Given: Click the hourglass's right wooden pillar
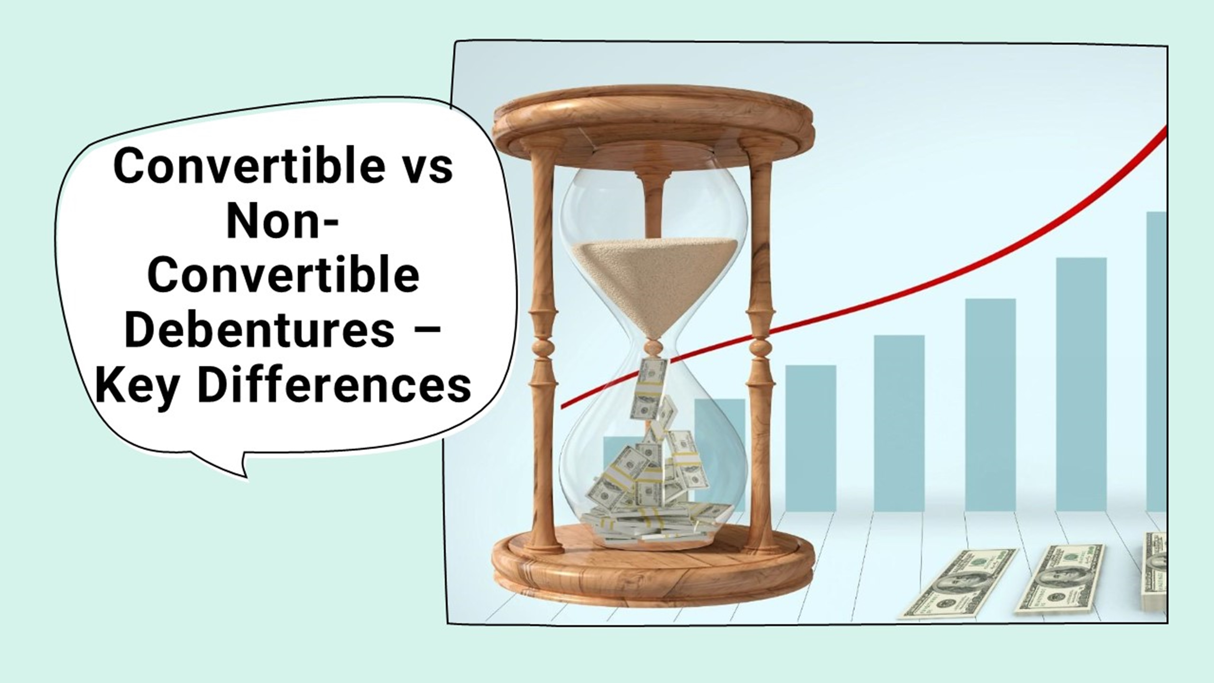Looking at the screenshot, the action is tap(760, 349).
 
